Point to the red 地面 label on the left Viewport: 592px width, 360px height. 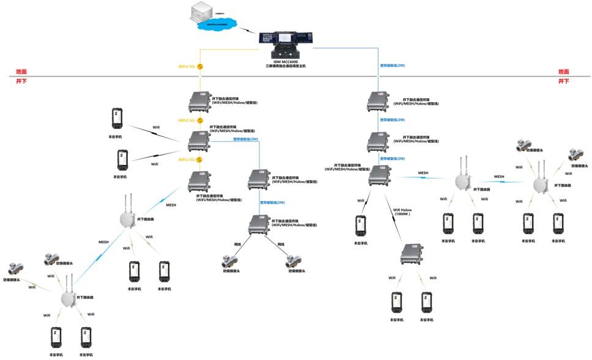21,72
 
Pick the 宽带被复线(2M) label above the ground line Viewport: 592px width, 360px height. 393,65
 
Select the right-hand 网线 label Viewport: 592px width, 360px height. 281,244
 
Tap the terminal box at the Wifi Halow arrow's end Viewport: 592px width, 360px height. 412,254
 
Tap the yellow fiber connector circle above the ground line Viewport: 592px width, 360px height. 200,66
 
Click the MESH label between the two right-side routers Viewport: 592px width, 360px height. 499,177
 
